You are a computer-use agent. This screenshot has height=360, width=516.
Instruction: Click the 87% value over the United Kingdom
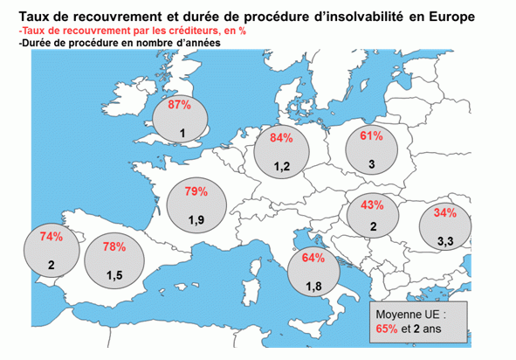(x=179, y=105)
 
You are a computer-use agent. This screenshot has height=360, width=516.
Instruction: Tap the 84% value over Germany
(x=281, y=138)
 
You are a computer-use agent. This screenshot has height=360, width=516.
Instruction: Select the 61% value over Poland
(x=372, y=135)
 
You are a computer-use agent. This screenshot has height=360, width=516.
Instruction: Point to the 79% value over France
(x=196, y=191)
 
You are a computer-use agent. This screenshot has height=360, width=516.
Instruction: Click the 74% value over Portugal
(x=52, y=236)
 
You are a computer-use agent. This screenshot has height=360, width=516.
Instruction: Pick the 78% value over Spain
(x=114, y=246)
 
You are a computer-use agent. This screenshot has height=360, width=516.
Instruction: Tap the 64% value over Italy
(x=313, y=258)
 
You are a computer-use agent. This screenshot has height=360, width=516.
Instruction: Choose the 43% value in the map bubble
(x=372, y=204)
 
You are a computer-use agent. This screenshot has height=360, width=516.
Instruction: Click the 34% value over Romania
(x=445, y=213)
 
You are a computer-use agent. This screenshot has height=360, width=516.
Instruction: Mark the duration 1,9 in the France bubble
(x=196, y=220)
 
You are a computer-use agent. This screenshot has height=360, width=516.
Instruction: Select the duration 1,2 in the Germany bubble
(x=282, y=166)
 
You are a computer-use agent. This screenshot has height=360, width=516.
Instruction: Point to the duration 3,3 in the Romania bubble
(x=445, y=241)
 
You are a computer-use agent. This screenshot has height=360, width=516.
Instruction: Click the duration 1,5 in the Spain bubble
(x=114, y=275)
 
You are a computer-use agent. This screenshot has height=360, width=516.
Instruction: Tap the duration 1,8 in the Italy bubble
(x=313, y=287)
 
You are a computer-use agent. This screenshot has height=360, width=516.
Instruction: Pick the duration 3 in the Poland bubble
(x=372, y=164)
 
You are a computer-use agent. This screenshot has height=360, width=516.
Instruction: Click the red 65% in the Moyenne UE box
(x=387, y=329)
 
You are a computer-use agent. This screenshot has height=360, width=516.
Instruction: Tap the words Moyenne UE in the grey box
(x=408, y=315)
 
